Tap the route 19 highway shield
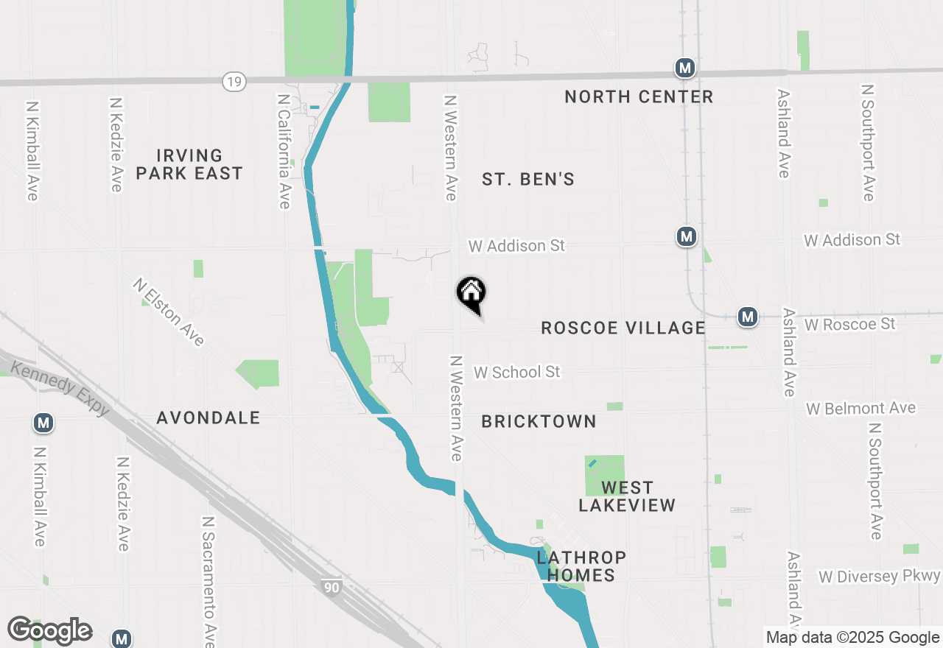coord(234,82)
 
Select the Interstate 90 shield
coord(332,587)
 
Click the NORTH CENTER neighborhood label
coord(639,96)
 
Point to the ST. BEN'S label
coord(528,179)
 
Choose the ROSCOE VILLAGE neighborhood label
coord(623,328)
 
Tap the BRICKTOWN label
coord(539,421)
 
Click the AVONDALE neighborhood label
coord(208,418)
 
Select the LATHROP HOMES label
coord(581,566)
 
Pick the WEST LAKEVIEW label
coord(627,496)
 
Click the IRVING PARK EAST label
coord(189,164)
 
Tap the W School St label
coord(517,372)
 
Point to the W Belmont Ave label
coord(860,408)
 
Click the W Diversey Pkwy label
coord(880,576)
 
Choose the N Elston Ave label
coord(169,311)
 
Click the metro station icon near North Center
coord(685,68)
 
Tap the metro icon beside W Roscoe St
coord(748,317)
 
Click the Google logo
coord(49,631)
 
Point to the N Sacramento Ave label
coord(208,578)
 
